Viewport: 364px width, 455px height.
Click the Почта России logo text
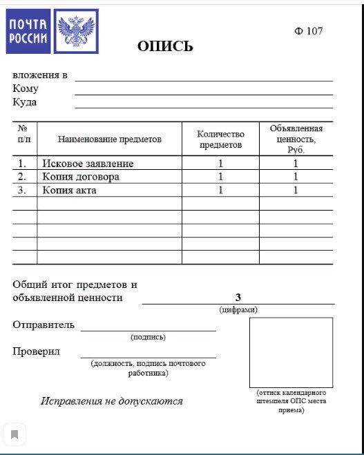click(28, 31)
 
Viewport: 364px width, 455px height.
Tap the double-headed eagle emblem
click(75, 31)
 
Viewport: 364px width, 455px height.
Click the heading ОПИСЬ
click(165, 47)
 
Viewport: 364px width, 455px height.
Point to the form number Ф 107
click(309, 31)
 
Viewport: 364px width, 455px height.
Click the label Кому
click(26, 88)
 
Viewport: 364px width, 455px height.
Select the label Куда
click(25, 102)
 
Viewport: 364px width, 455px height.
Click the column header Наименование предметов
click(109, 139)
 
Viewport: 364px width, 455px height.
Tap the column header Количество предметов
click(220, 139)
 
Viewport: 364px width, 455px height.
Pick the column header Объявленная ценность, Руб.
click(296, 139)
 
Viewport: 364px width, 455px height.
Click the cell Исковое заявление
click(88, 164)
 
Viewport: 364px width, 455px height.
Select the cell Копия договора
click(81, 177)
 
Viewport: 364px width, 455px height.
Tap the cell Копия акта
click(69, 190)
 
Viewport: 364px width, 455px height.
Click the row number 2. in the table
click(22, 177)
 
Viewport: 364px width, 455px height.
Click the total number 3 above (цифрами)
click(238, 298)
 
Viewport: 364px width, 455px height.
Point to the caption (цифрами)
click(238, 309)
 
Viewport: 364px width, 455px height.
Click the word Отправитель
click(44, 325)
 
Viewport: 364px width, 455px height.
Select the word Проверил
click(36, 351)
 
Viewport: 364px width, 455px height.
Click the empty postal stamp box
click(291, 352)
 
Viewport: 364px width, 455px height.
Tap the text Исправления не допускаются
click(111, 401)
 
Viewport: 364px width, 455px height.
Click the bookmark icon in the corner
click(15, 435)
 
